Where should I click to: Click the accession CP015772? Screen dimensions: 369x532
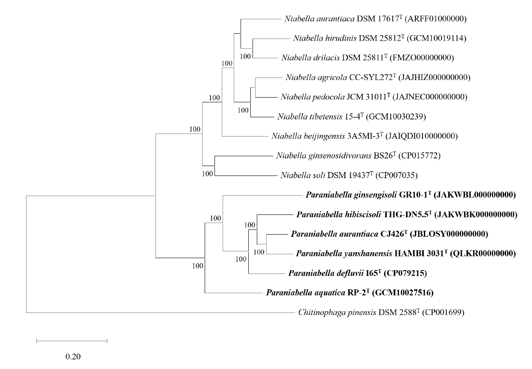click(x=419, y=156)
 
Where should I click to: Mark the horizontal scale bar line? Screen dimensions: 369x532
click(x=72, y=341)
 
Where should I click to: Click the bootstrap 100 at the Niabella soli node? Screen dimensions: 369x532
click(x=208, y=174)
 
